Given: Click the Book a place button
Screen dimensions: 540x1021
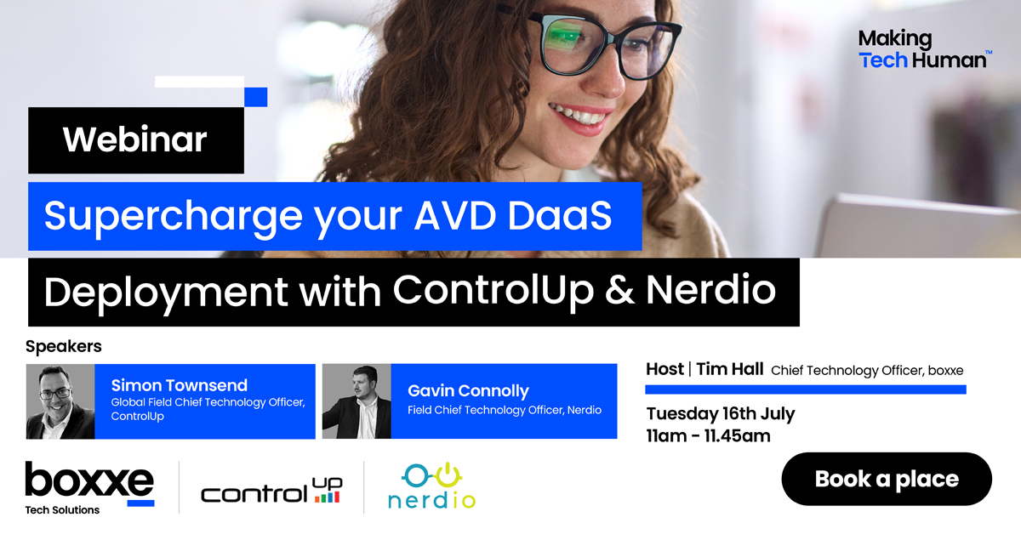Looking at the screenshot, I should (x=886, y=479).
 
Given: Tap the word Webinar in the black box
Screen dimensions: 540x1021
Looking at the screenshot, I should (x=134, y=139).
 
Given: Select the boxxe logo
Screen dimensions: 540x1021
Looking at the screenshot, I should (x=89, y=482).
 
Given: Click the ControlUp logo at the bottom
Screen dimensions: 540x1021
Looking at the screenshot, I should (x=271, y=490).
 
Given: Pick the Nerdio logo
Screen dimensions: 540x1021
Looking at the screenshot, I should (x=431, y=486).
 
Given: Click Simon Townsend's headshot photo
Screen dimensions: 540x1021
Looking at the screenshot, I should (x=60, y=401).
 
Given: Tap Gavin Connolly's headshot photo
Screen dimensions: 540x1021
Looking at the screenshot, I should (x=356, y=401).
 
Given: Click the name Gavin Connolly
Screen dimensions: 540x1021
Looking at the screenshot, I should (x=468, y=390).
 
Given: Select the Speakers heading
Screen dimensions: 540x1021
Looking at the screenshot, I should (x=64, y=346).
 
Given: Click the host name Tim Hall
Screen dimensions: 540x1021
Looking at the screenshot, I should (x=730, y=369).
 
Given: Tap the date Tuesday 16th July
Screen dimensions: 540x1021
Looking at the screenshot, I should (x=720, y=414).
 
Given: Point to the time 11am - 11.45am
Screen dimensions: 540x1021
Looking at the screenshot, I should (x=708, y=436).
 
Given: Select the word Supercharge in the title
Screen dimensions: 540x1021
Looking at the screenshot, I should (x=161, y=216).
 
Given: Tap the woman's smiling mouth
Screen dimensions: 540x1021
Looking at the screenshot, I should (x=579, y=115).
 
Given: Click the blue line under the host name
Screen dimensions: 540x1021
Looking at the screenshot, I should (x=805, y=389).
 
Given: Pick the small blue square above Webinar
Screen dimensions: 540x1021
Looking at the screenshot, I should (x=255, y=97).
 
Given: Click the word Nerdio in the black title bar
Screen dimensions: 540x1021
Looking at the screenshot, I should (x=710, y=291).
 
